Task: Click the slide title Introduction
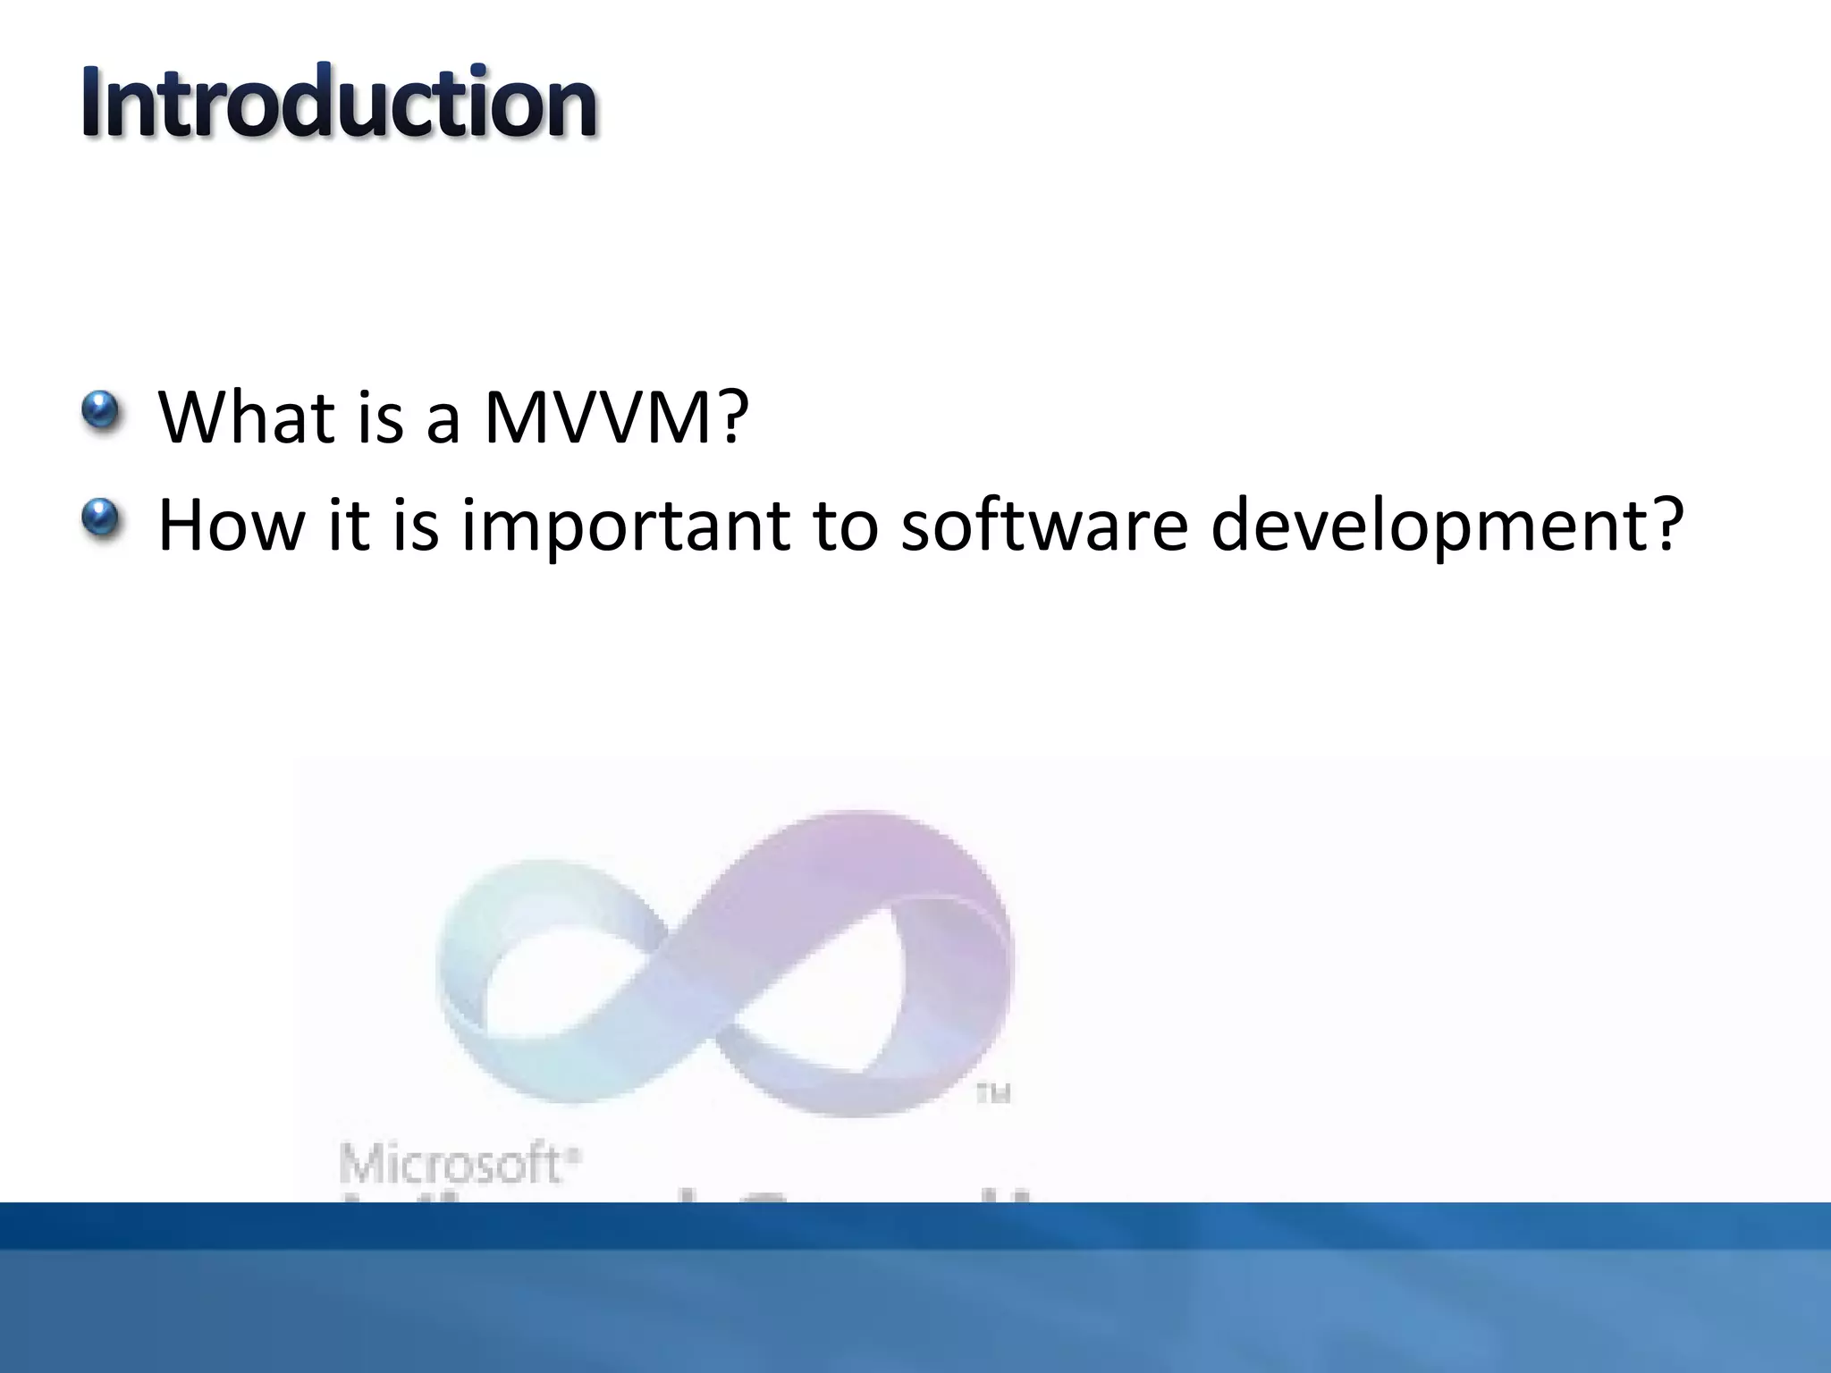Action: pyautogui.click(x=339, y=103)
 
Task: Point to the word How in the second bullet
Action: pyautogui.click(x=232, y=525)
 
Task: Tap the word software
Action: pyautogui.click(x=1043, y=525)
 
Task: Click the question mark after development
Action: pyautogui.click(x=1666, y=525)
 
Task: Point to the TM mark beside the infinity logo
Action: pyautogui.click(x=992, y=1093)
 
